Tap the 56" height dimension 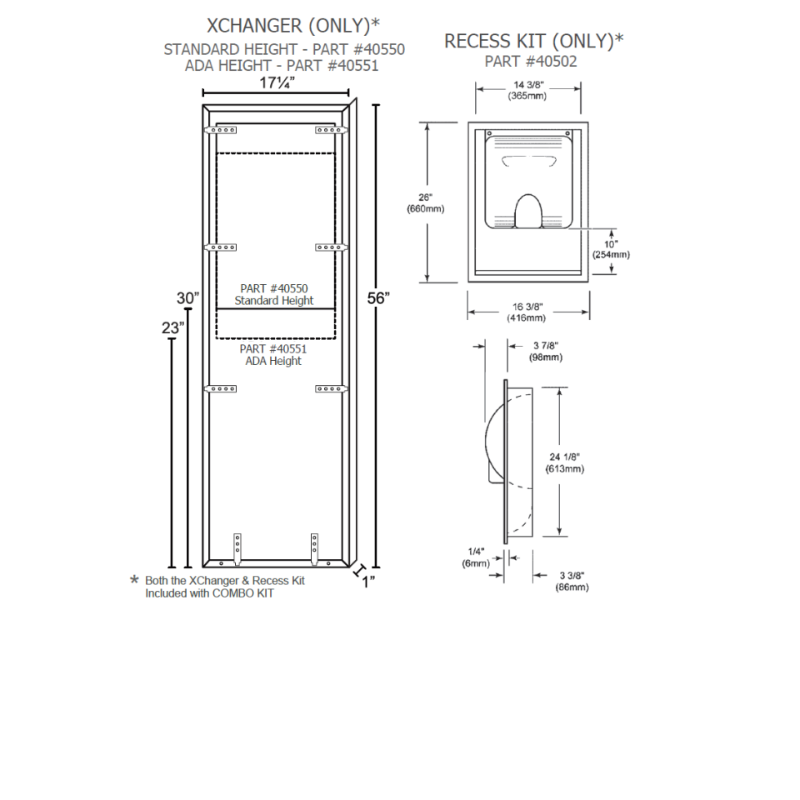(x=379, y=299)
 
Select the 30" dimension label (x=188, y=298)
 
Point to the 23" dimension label (x=172, y=328)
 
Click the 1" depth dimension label (x=367, y=581)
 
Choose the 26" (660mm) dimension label (x=425, y=203)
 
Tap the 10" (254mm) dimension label (x=611, y=248)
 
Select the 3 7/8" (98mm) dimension (x=546, y=352)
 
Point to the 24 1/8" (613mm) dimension (x=564, y=462)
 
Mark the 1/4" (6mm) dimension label (x=477, y=557)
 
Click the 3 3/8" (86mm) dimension (x=572, y=581)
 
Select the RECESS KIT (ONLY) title (x=534, y=42)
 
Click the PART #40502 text (x=531, y=61)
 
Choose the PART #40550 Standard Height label (x=274, y=294)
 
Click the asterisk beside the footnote (x=134, y=580)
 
